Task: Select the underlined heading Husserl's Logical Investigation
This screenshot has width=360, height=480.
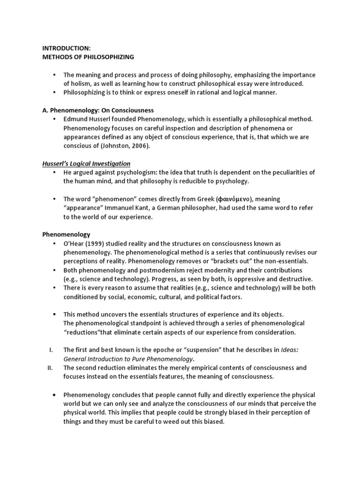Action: [87, 163]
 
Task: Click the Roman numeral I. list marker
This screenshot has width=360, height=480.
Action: [51, 350]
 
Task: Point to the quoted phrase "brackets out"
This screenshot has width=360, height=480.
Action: [238, 262]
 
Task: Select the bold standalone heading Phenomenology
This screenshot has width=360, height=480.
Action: [66, 234]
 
